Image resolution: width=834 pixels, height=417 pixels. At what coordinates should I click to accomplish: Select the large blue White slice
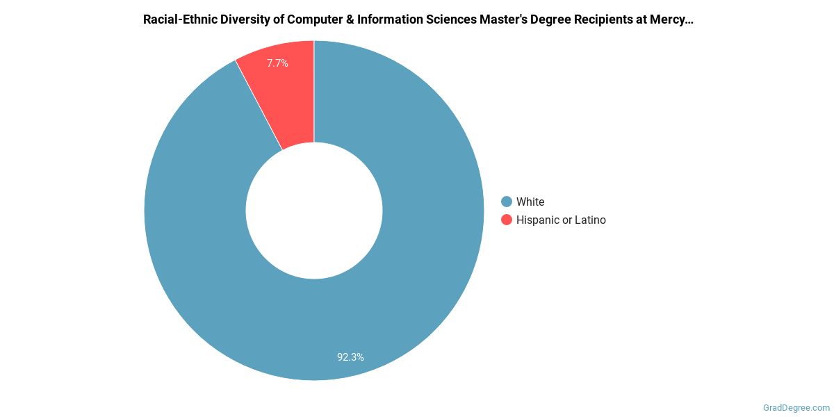tap(389, 299)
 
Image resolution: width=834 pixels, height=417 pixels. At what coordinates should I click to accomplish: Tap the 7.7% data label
tap(277, 63)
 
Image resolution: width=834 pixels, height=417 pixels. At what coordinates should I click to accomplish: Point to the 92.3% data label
tap(350, 357)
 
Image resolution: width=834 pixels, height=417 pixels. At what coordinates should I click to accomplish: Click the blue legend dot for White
tap(507, 202)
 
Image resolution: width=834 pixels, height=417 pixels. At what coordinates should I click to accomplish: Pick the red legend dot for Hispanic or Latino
tap(507, 220)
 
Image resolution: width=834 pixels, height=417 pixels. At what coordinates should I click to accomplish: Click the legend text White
tap(530, 202)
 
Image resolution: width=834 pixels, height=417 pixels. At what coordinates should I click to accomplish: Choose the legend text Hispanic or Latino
tap(561, 220)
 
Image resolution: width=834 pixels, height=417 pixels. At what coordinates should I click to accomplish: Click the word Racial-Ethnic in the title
tap(179, 19)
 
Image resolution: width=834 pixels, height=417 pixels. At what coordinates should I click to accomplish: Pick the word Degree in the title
tap(555, 19)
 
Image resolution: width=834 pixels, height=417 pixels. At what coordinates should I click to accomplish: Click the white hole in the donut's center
tap(314, 210)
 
